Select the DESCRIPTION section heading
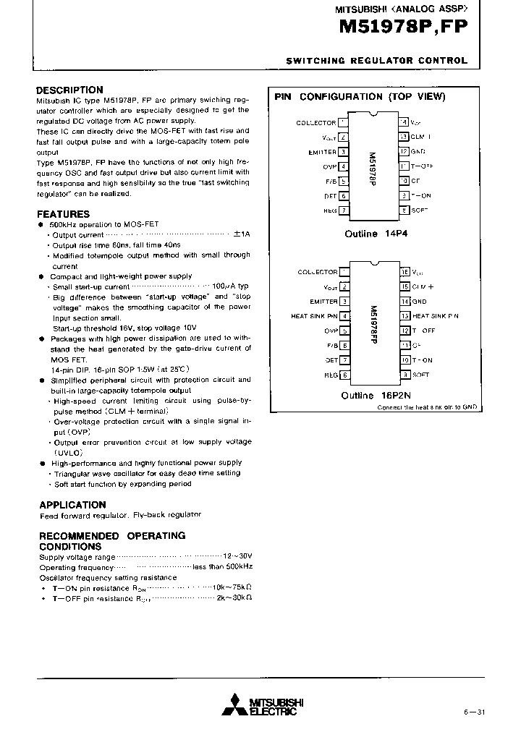69,90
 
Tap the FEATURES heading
64,214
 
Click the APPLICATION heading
72,504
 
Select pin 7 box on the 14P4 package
344,210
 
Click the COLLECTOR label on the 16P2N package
317,272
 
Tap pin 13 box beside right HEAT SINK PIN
405,316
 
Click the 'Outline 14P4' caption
371,234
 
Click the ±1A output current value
241,235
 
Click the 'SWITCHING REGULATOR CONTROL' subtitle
377,61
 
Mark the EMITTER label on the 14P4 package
321,152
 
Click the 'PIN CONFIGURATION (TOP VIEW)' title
360,96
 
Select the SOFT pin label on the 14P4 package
420,210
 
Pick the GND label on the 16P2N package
419,302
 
